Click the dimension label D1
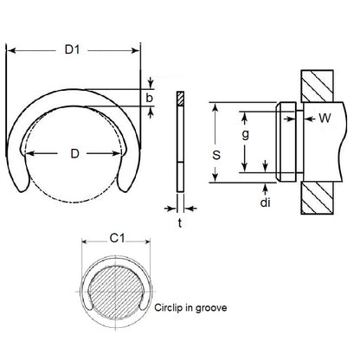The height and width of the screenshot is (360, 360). click(73, 50)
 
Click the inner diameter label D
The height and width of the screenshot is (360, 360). click(74, 154)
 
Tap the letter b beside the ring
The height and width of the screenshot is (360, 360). click(149, 98)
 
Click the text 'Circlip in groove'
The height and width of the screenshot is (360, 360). click(192, 306)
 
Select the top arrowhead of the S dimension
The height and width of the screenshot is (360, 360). click(215, 107)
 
